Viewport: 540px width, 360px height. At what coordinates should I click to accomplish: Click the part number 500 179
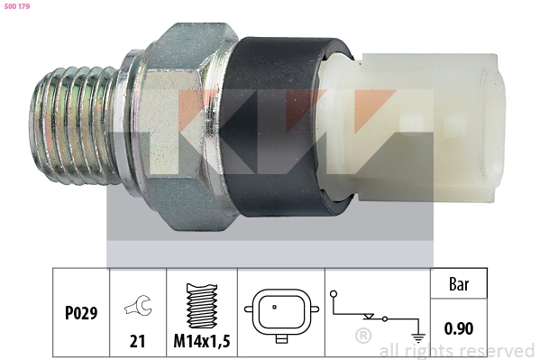[16, 6]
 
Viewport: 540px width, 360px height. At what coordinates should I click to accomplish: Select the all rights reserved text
[456, 350]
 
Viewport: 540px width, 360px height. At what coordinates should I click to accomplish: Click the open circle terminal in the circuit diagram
[334, 295]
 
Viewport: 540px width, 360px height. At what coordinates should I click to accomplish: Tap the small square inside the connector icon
[275, 308]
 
